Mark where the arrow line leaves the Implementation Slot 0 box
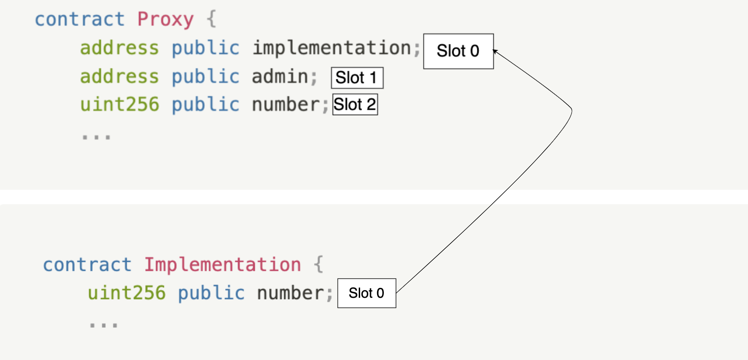click(396, 292)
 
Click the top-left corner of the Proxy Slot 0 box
click(424, 34)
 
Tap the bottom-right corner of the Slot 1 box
click(383, 88)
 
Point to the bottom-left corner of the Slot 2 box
click(333, 115)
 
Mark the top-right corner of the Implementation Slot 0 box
click(396, 279)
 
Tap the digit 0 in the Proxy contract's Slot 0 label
click(474, 51)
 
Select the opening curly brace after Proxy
click(212, 19)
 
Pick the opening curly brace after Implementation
click(318, 265)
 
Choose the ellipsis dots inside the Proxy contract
click(96, 137)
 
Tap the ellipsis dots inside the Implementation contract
click(103, 325)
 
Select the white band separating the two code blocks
click(374, 197)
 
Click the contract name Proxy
click(166, 19)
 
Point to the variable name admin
click(280, 76)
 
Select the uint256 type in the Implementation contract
click(127, 293)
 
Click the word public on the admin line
click(206, 76)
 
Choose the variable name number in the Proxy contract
click(286, 104)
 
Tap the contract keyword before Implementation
click(87, 265)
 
